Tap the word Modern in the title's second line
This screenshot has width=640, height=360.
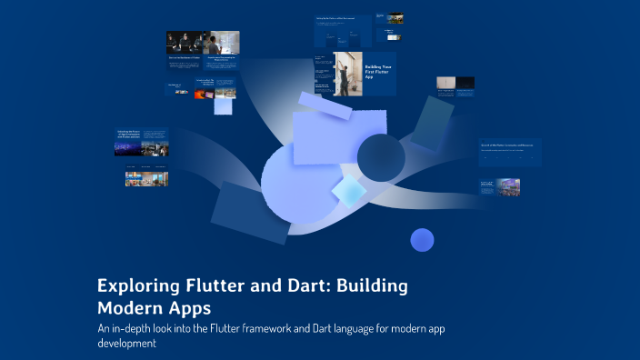click(131, 307)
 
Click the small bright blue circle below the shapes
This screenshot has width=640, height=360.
click(422, 240)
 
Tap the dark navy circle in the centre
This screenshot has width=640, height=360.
click(381, 157)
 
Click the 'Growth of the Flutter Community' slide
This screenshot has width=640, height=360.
click(509, 151)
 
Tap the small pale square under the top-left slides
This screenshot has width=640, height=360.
click(224, 105)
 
